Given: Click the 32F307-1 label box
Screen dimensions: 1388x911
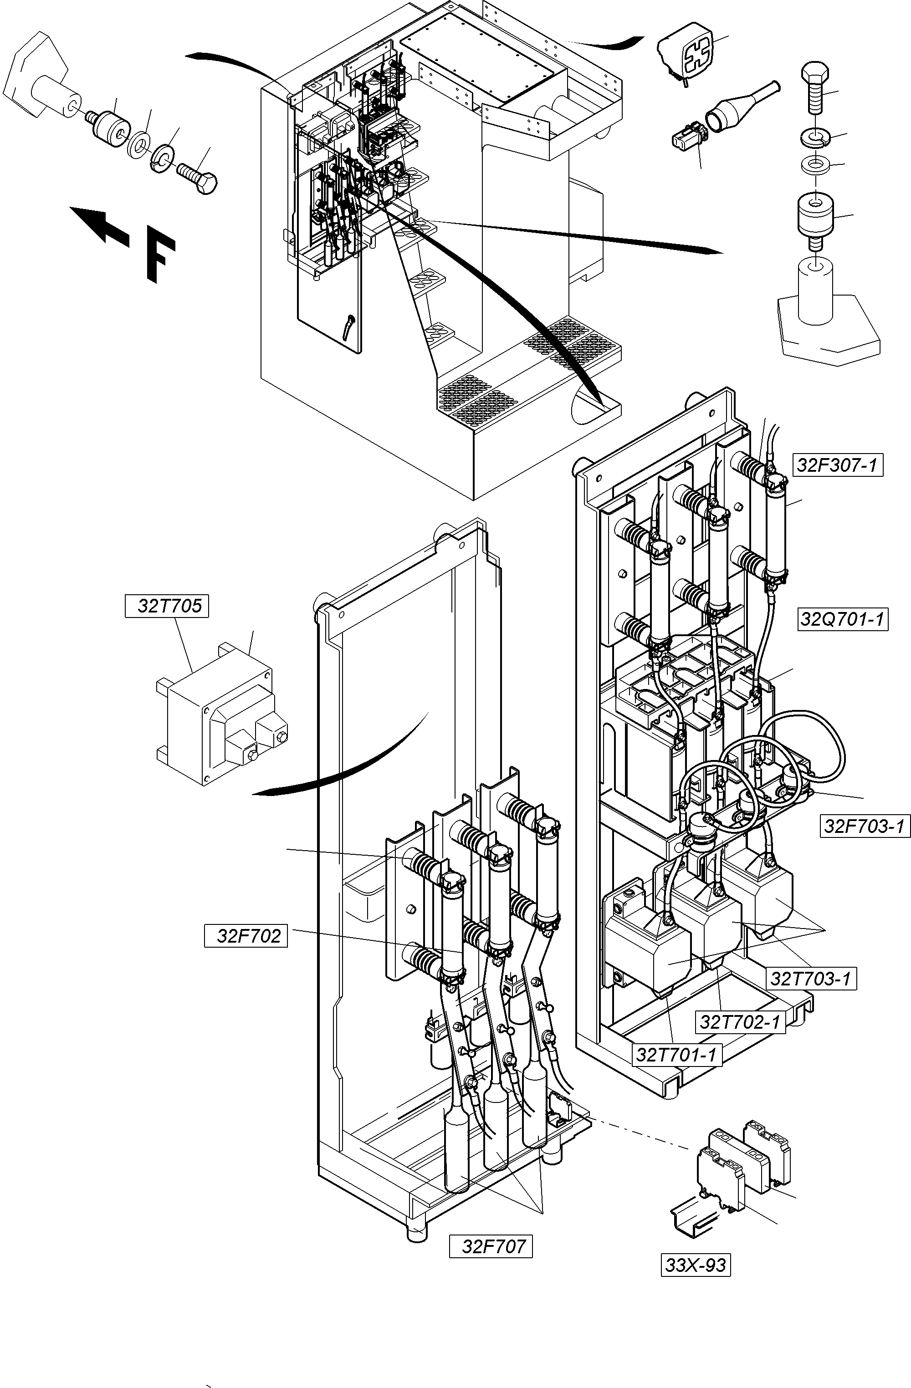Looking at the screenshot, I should [x=838, y=465].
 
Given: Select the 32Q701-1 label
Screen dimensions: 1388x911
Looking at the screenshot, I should [x=842, y=619].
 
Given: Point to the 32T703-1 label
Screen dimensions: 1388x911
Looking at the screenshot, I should [x=810, y=978].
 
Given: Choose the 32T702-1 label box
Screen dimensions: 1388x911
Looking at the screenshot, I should [x=740, y=1022].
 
